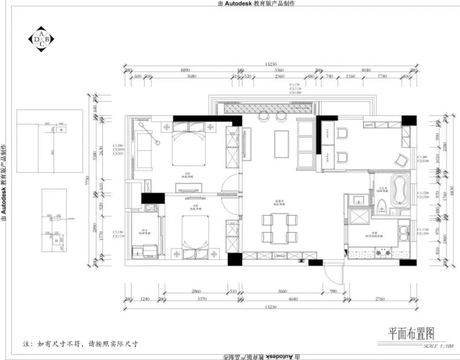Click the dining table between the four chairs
point(279,229)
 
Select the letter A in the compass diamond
point(41,33)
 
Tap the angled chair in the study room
point(401,160)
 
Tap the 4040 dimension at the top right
point(365,70)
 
